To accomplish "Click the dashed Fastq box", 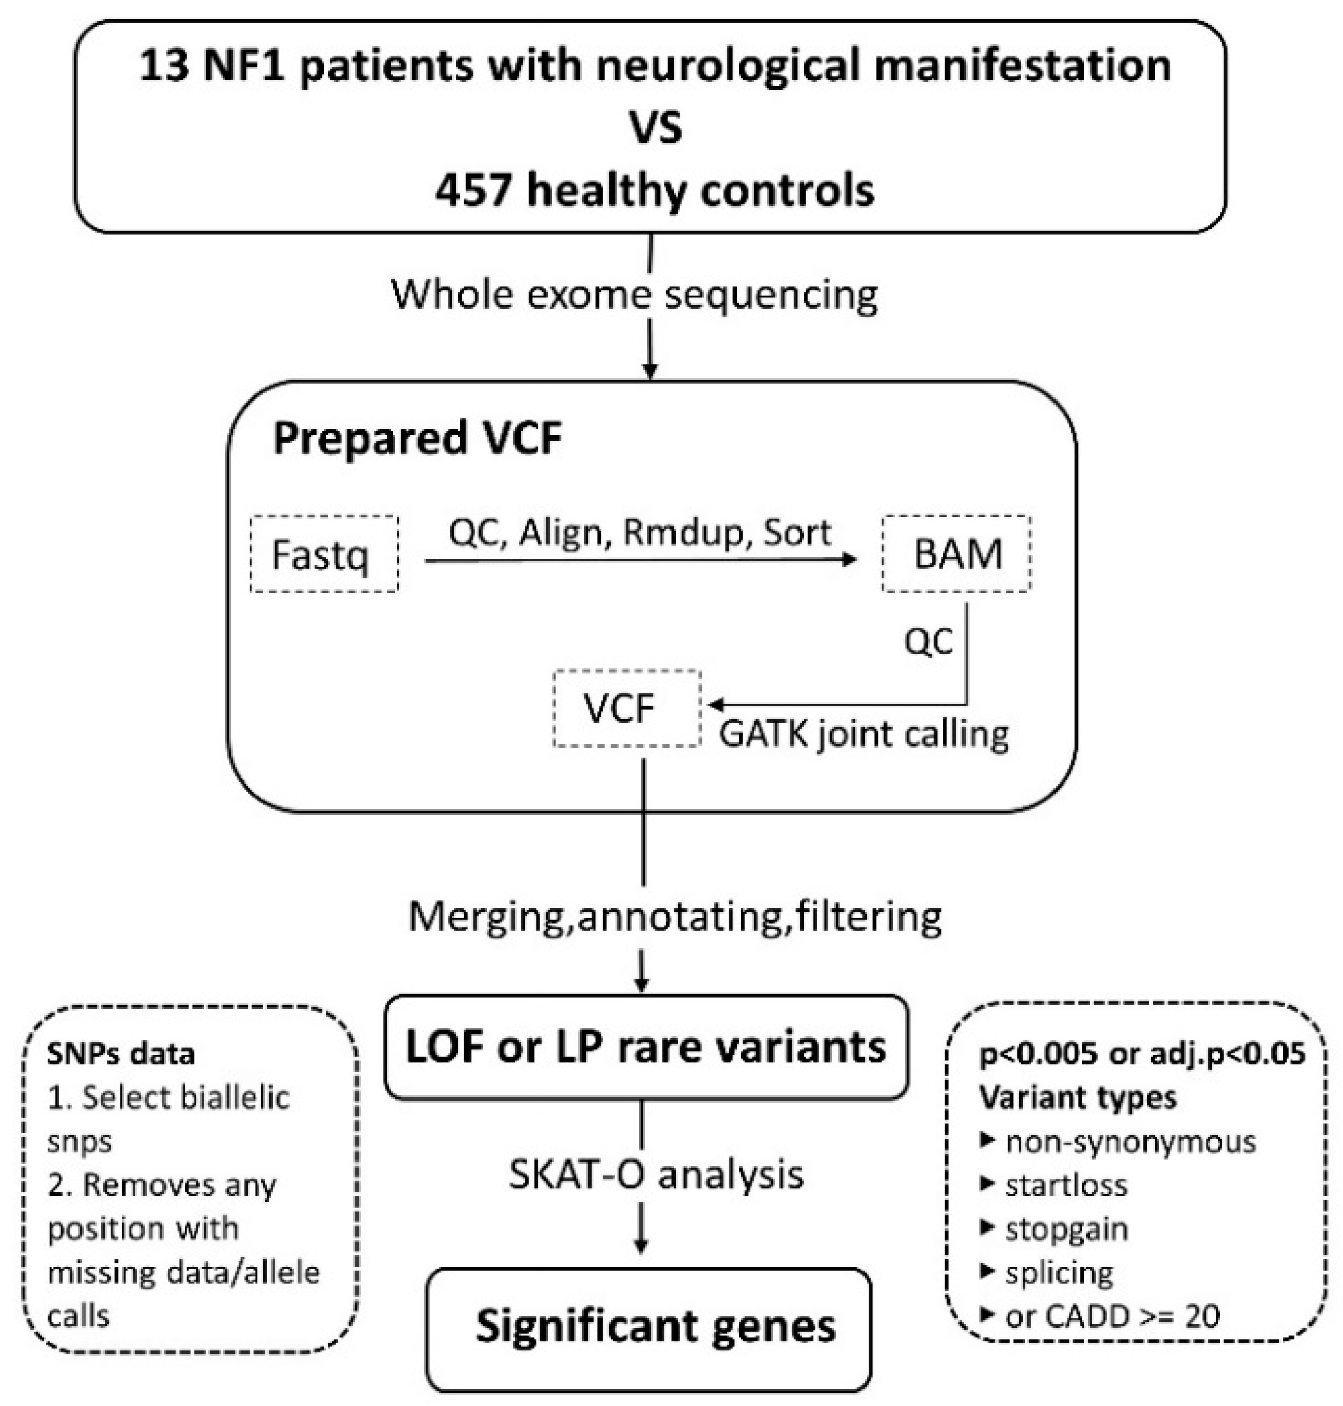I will tap(324, 554).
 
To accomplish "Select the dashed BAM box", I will tap(956, 554).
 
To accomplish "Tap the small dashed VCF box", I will tap(627, 709).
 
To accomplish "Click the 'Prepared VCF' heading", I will tap(417, 438).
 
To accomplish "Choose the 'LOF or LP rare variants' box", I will tap(647, 1047).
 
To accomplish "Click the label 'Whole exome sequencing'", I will tap(634, 294).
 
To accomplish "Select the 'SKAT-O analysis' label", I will tap(655, 1174).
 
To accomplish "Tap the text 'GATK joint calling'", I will tap(863, 734).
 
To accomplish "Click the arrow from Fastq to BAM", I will tap(640, 560).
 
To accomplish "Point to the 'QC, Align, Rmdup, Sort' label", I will tap(640, 533).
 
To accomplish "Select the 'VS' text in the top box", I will tap(655, 129).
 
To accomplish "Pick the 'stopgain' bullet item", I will tap(1066, 1228).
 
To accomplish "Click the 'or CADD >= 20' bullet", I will tap(1111, 1315).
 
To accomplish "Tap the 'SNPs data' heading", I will tap(120, 1054).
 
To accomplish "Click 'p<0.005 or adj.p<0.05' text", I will tap(1142, 1054).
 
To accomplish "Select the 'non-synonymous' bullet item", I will tap(1130, 1142).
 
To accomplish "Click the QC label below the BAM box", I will tap(928, 642).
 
